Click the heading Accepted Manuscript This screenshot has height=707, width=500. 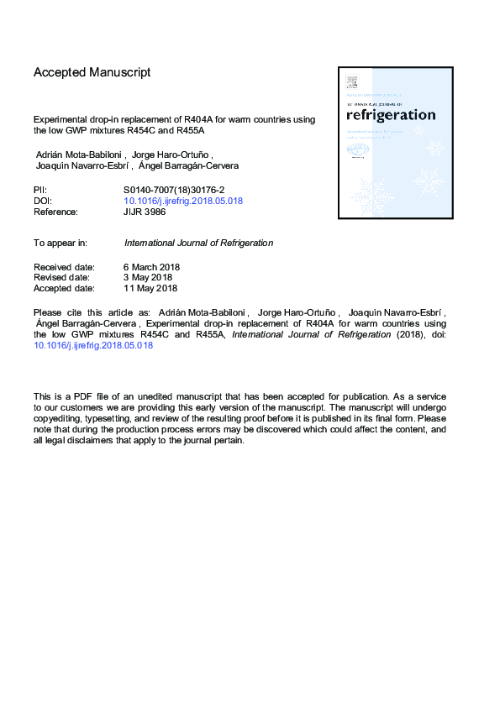[92, 72]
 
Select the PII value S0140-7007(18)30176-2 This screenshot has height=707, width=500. [175, 191]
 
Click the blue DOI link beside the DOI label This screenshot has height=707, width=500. [183, 202]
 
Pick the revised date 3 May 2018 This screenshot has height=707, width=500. [148, 277]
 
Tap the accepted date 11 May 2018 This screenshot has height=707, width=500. [150, 288]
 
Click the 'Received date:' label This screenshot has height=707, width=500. [64, 267]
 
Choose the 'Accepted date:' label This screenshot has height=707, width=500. [64, 288]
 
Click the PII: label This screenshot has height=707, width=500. [41, 191]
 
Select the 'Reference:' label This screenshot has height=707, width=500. [55, 212]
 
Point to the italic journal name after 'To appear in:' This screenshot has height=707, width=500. [198, 243]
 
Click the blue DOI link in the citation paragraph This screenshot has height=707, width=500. [93, 345]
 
